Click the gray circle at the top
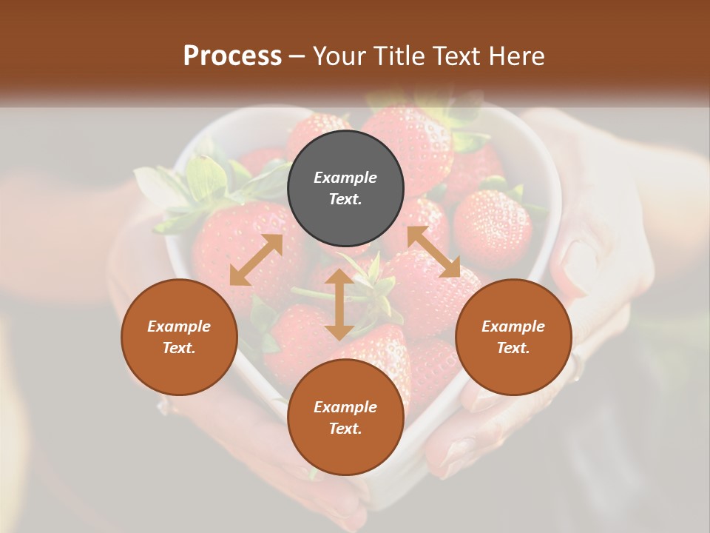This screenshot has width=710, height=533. pos(345,189)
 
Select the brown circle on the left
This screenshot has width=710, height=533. pos(179,337)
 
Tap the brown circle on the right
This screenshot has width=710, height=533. pos(513,337)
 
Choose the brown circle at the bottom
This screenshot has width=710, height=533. pos(345,418)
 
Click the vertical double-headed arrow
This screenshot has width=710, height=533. pos(339,304)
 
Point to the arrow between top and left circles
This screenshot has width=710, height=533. pos(256,260)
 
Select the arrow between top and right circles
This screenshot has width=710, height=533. pos(433,252)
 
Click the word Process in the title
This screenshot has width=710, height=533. pos(232,56)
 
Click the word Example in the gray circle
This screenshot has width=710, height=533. pos(345,178)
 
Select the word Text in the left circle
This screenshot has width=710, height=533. pos(179,348)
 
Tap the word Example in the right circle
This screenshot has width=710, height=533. pos(513,326)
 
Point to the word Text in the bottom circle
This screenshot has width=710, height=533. pos(345,429)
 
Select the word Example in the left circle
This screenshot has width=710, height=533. pos(179,326)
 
